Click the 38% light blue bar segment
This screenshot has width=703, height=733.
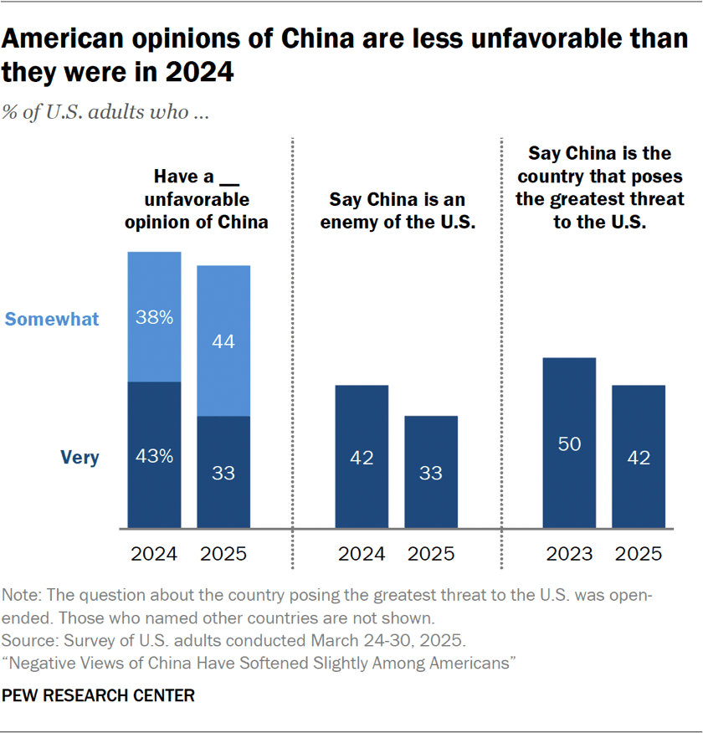tap(154, 317)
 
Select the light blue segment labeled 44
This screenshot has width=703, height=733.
tap(223, 341)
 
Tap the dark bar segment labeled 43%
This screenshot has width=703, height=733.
tap(154, 455)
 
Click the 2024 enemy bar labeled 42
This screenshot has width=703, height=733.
tap(362, 457)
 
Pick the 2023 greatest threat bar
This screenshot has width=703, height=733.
tap(569, 443)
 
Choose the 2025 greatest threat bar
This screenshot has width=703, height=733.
tap(639, 457)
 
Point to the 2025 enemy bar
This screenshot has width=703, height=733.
tap(431, 472)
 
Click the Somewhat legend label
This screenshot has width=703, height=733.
tap(52, 320)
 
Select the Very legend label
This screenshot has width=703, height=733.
tap(80, 457)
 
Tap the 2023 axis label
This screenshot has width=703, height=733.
tap(569, 554)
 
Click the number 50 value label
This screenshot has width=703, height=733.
tap(569, 443)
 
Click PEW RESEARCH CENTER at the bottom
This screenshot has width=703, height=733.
tap(98, 695)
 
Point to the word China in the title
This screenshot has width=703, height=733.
tap(317, 38)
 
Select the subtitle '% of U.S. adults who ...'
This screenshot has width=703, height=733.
tap(105, 112)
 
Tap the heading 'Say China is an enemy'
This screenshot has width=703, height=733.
tap(398, 200)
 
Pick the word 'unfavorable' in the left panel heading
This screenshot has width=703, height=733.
tap(197, 200)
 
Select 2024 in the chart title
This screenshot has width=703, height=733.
tap(198, 73)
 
